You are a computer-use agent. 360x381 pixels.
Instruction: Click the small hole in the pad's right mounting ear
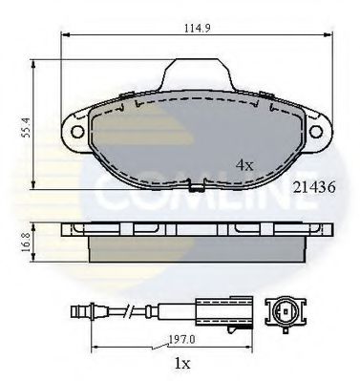(x=314, y=126)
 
